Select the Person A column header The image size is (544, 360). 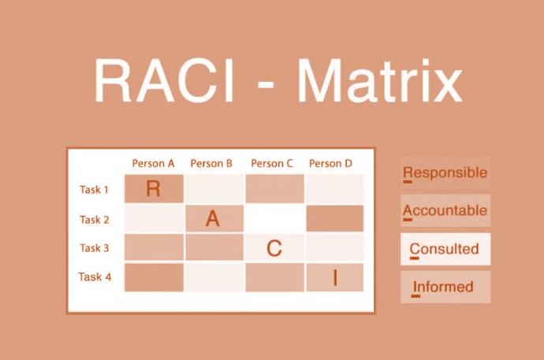153,164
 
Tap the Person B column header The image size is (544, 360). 211,164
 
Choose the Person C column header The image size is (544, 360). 272,164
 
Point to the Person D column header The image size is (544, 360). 330,164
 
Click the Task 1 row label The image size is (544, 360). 95,190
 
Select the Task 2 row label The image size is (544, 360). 95,220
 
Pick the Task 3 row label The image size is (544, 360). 95,248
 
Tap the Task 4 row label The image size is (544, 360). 95,277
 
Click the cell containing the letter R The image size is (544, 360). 154,189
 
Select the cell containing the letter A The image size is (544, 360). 213,219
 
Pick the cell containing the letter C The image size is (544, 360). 274,248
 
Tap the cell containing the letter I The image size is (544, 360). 334,277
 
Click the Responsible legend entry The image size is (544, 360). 445,173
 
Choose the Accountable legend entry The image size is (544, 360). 445,211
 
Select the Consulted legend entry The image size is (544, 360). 445,249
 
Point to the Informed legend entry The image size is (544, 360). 445,287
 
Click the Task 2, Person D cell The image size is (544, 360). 334,219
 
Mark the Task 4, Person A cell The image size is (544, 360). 154,277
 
